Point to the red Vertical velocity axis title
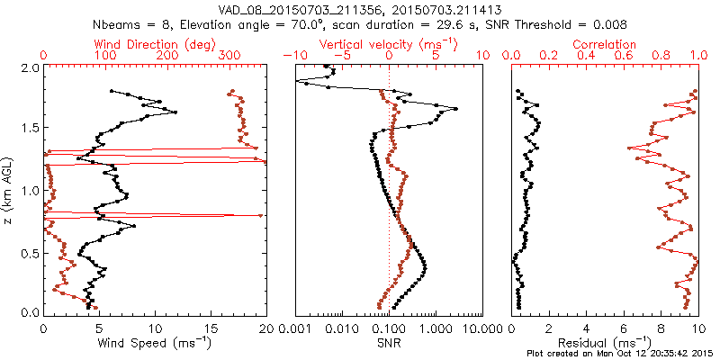pos(389,44)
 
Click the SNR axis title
pos(389,342)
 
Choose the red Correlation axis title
pos(605,44)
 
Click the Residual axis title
pos(605,342)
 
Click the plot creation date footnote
pos(620,354)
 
